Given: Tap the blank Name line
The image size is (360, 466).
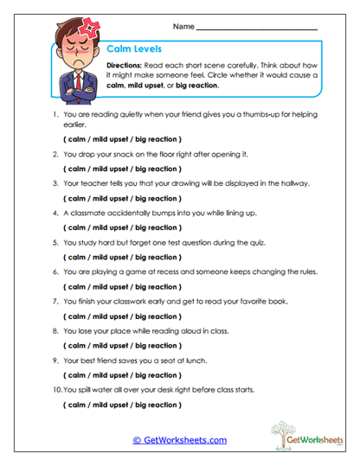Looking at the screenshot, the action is (257, 29).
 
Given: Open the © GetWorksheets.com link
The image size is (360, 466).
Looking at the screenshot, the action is (180, 440).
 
